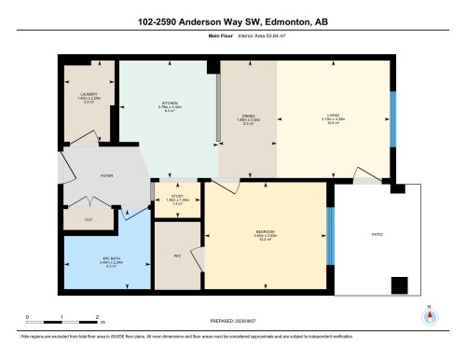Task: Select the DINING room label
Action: [247, 117]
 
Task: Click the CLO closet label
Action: [89, 218]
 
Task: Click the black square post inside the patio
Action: [399, 286]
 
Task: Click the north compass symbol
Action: [429, 315]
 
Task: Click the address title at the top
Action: [232, 21]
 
